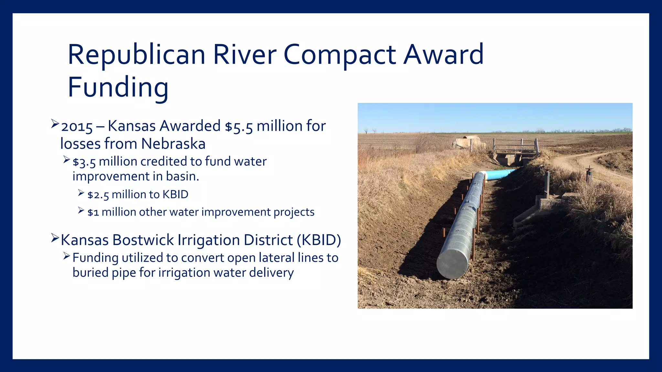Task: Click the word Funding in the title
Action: (x=118, y=87)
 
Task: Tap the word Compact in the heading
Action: (x=339, y=55)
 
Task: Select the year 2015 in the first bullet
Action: (x=77, y=127)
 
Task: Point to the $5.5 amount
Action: (x=239, y=127)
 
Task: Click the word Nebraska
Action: (x=173, y=144)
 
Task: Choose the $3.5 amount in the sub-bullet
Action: (x=84, y=162)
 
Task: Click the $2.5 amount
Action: (x=98, y=195)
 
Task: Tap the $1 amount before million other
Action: (x=93, y=212)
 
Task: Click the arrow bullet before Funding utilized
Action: (x=67, y=256)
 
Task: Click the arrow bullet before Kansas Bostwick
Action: (x=55, y=239)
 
